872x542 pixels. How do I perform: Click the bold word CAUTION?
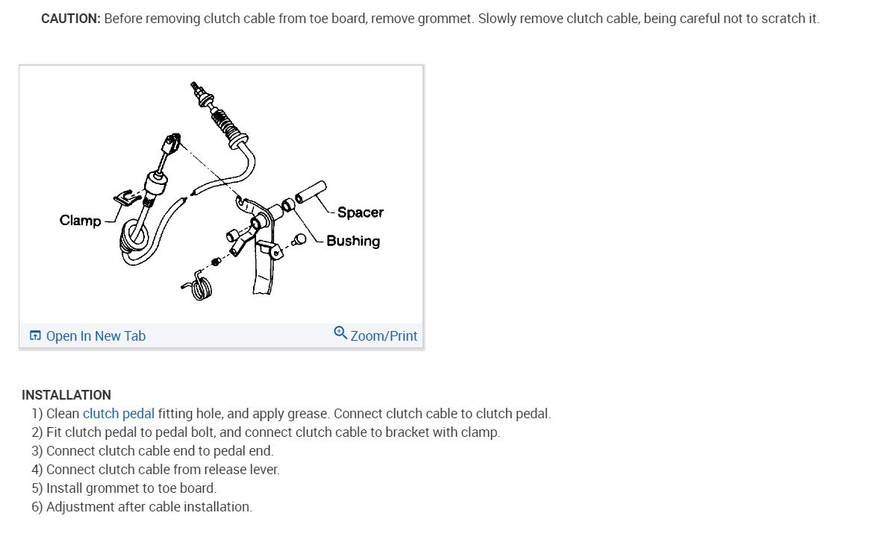[x=70, y=19]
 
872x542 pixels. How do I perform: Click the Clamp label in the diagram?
[x=80, y=221]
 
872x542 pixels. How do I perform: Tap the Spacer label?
[x=360, y=212]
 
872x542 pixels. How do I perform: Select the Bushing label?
[x=352, y=241]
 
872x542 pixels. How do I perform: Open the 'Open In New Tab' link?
[x=96, y=336]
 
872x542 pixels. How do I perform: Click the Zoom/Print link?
[x=384, y=336]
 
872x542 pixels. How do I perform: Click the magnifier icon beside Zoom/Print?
[x=340, y=333]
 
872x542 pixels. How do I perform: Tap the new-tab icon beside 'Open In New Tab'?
[x=35, y=336]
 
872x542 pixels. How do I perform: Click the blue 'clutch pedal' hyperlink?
[x=119, y=414]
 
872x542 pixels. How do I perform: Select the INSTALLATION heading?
[x=66, y=395]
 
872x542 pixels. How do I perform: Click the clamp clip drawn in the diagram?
[x=128, y=197]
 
